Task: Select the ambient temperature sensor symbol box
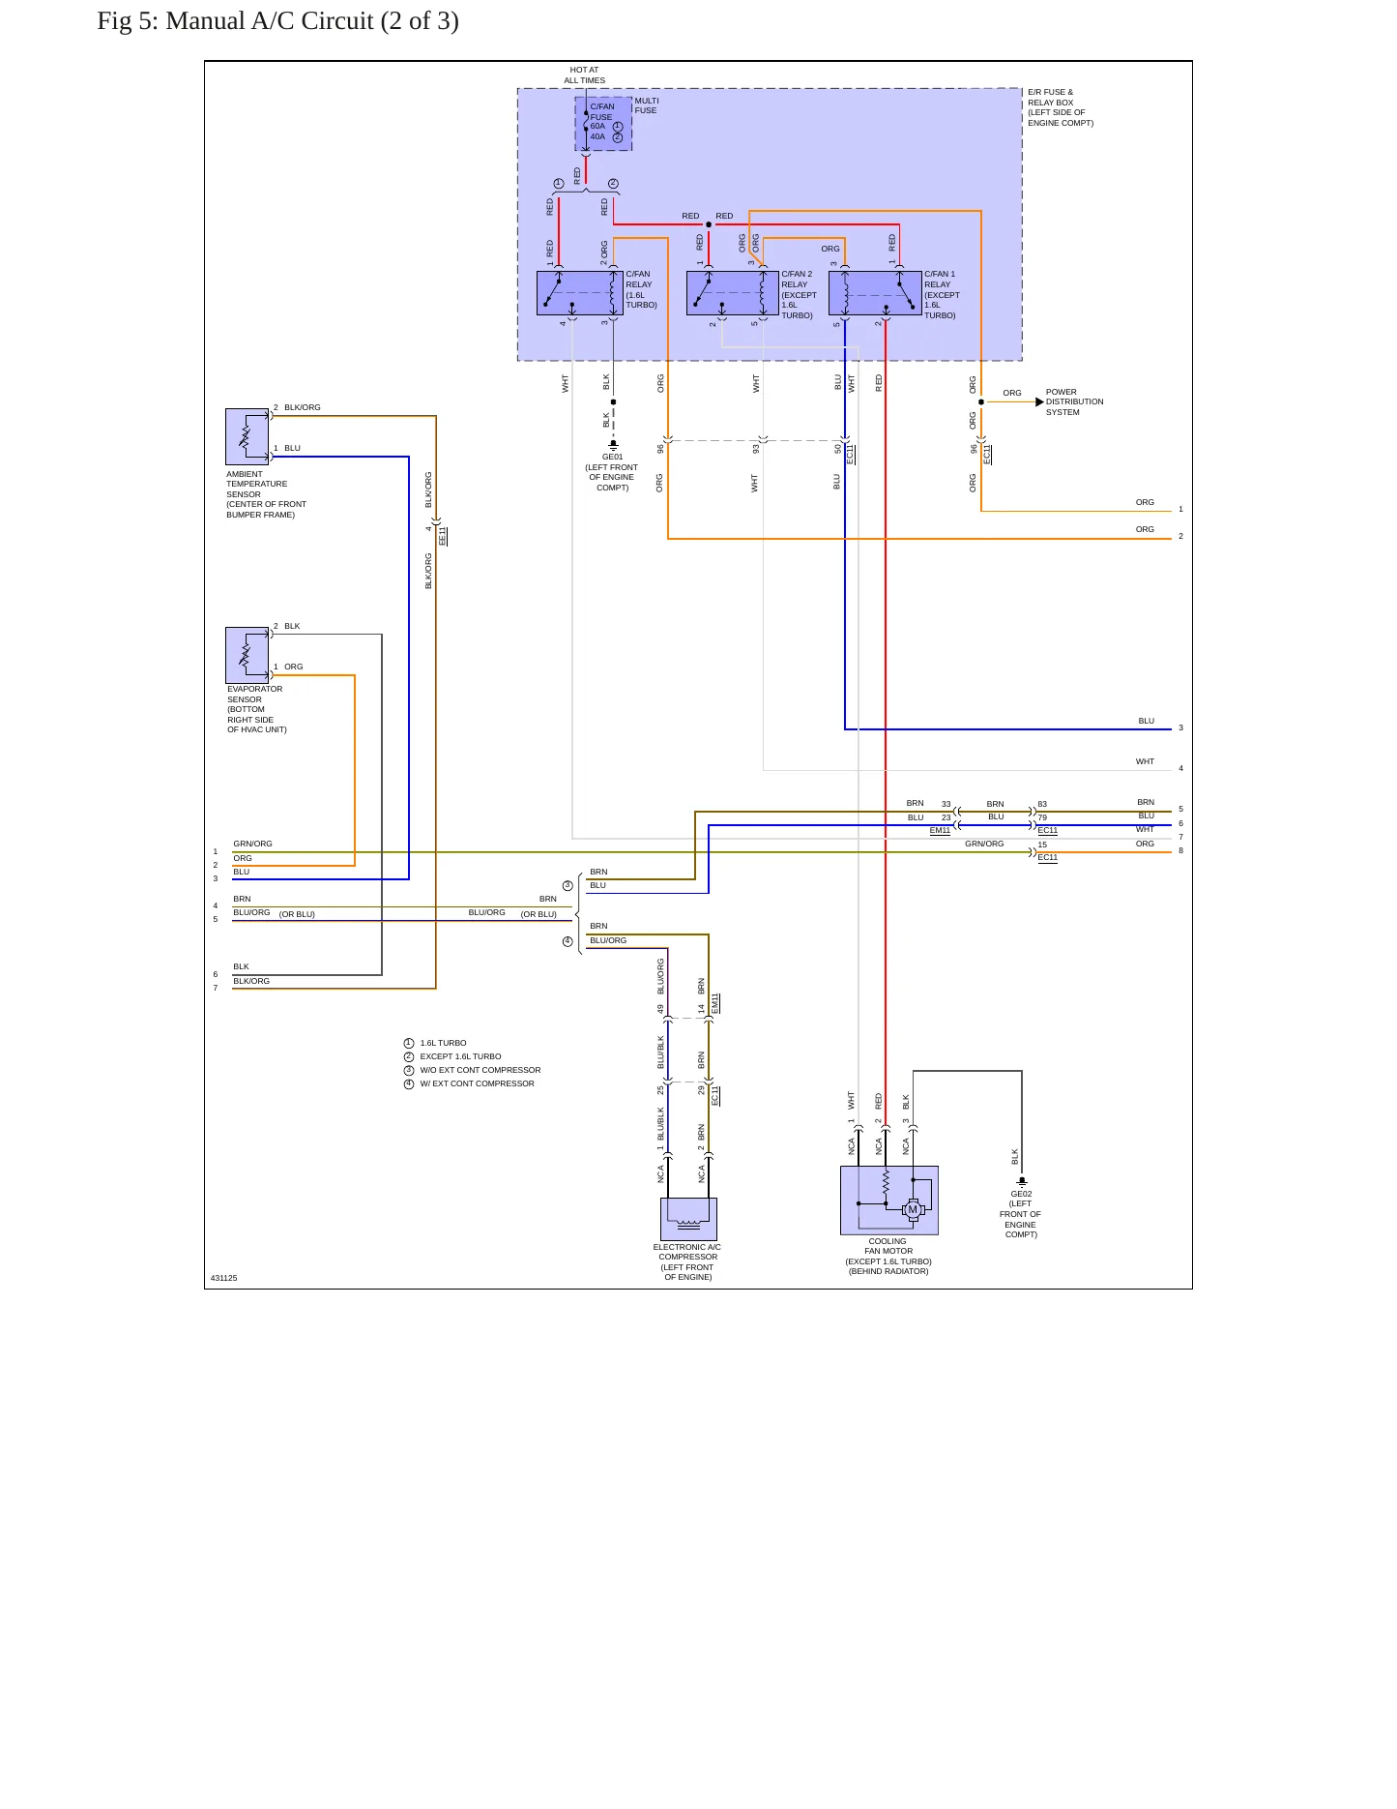coord(247,436)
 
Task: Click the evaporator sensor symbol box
coord(247,655)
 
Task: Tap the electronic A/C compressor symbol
coord(688,1219)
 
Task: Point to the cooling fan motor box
coord(888,1200)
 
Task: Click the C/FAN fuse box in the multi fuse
coord(603,123)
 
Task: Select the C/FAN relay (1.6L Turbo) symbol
coord(580,293)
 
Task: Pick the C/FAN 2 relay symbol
coord(732,293)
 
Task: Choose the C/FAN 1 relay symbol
coord(875,293)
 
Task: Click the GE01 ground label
coord(613,458)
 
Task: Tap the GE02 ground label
coord(1021,1194)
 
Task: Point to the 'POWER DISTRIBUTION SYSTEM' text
coord(1074,402)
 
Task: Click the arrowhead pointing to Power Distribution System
coord(1039,402)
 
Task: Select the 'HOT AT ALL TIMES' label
coord(585,75)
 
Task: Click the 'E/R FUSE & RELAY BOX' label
coord(1050,98)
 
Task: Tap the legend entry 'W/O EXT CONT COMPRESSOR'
coord(480,1070)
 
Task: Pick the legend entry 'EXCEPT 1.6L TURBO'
coord(460,1056)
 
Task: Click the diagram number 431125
coord(223,1278)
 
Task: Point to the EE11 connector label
coord(443,536)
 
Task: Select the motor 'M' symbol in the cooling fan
coord(913,1209)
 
